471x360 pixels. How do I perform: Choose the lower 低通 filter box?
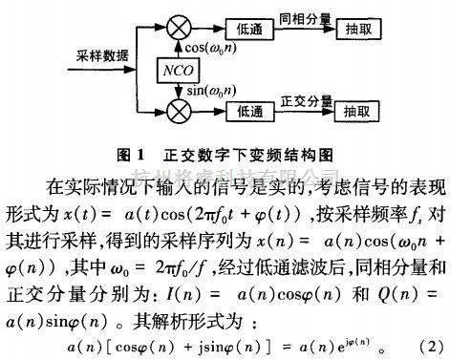click(x=255, y=110)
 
